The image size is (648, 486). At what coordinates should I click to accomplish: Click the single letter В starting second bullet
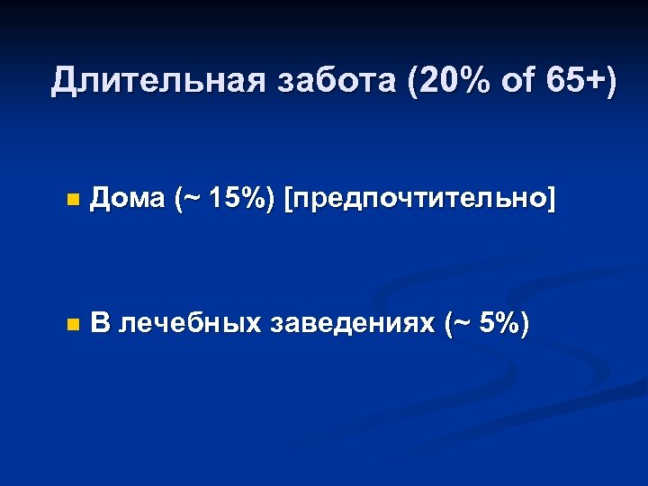101,323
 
